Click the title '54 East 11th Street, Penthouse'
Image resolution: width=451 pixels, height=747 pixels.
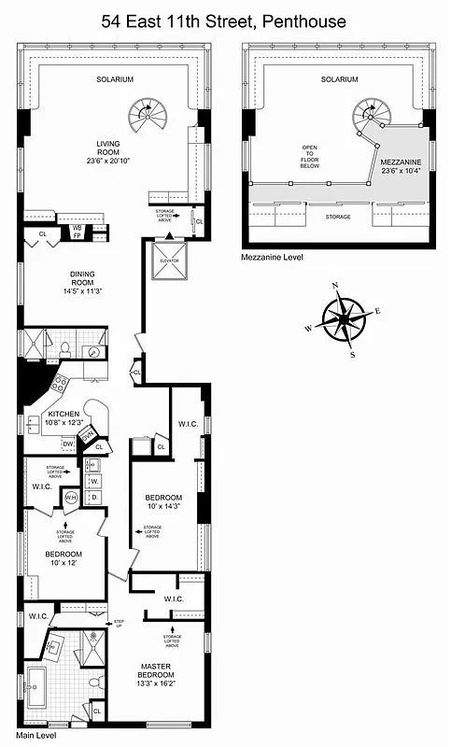(225, 20)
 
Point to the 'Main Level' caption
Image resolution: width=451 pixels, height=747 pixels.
(35, 736)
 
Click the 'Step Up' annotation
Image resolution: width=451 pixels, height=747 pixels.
(119, 623)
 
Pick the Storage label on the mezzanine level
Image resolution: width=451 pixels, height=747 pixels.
(338, 217)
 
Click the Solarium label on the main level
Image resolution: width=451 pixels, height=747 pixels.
(115, 79)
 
